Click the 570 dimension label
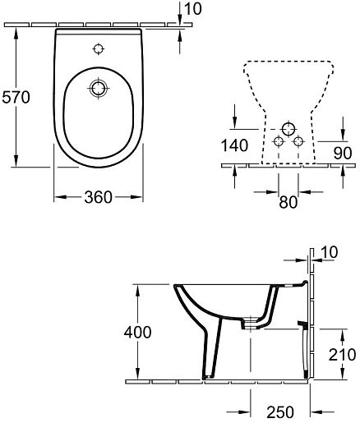tap(16, 98)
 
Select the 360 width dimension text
tap(98, 197)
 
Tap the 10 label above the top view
tap(193, 9)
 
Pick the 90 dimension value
tap(344, 152)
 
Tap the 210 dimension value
tap(341, 355)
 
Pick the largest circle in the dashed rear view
tap(288, 129)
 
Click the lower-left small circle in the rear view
tap(278, 141)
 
